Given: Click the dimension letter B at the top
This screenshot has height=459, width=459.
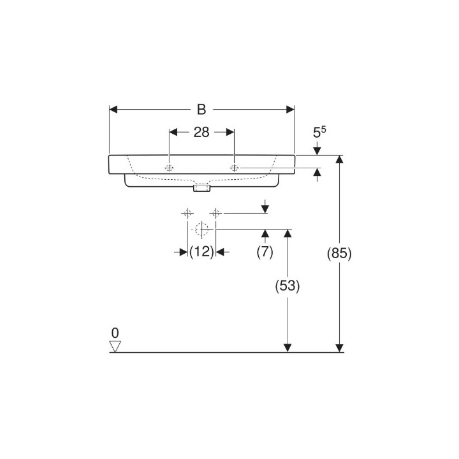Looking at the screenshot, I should [201, 110].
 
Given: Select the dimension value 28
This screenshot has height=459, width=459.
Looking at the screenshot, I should [201, 132].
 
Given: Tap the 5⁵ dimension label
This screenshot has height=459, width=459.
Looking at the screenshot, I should [319, 133].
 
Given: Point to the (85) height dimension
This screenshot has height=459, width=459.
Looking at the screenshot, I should [339, 253].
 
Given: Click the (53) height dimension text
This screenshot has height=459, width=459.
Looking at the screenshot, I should [288, 286].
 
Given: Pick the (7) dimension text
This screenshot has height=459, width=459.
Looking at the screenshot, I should [265, 252].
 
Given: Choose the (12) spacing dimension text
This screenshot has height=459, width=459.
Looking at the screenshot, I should [201, 252].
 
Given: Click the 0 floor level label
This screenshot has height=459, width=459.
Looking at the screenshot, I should [115, 333].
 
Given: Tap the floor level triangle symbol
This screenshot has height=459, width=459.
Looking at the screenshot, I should [115, 346].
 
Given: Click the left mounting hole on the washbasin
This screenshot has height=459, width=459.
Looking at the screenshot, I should [170, 168].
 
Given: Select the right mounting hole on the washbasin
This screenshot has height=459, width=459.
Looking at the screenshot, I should [234, 168].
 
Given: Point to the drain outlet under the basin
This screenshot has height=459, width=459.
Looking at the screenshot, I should [202, 188].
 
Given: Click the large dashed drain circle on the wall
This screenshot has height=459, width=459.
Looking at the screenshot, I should [202, 229].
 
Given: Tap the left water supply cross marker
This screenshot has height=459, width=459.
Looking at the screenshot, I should [187, 213].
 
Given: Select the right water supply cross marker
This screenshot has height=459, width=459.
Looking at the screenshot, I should [216, 213].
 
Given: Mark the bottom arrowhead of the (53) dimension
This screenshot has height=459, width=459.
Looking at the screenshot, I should [288, 347].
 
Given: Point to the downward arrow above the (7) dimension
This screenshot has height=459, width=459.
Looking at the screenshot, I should [266, 209].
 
